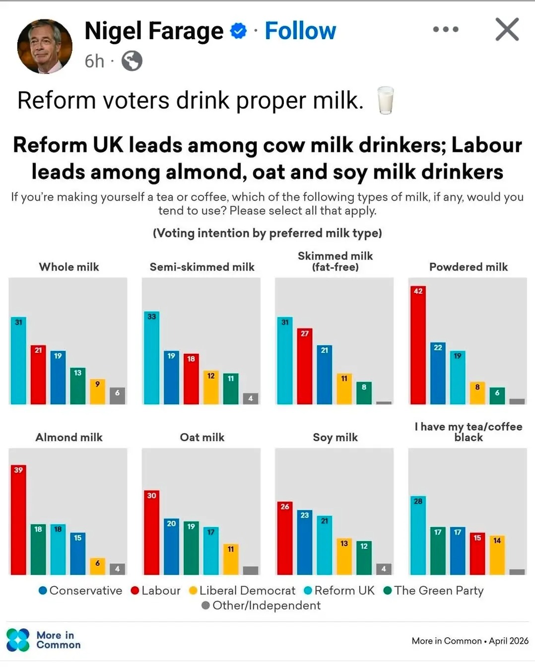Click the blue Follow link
pos(300,31)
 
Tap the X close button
pos(507,29)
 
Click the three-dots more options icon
pos(445,29)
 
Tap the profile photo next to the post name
pos(45,47)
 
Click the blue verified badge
pos(239,31)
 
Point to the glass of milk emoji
pos(385,100)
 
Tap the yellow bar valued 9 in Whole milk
pos(97,392)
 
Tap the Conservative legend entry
pos(80,591)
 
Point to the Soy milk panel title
pos(335,437)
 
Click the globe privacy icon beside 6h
pos(132,61)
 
